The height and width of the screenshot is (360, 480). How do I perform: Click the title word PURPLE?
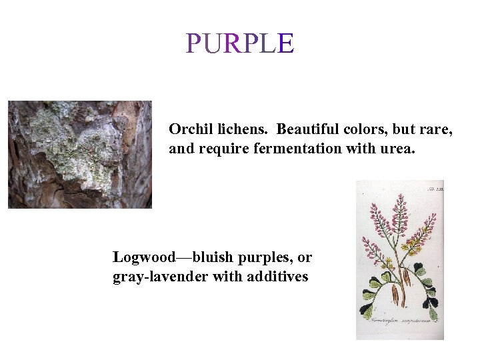(x=240, y=43)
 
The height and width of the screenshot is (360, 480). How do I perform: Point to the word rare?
(x=437, y=129)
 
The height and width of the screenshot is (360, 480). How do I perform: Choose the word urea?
(x=397, y=148)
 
